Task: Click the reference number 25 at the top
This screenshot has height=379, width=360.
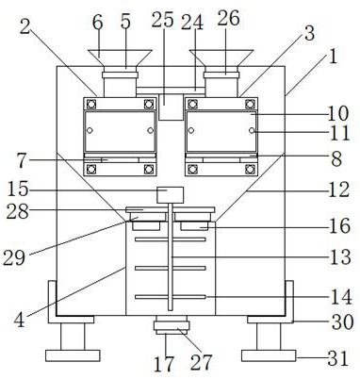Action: [162, 20]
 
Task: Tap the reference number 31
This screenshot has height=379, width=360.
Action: [338, 358]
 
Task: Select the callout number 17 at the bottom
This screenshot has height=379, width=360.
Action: [164, 364]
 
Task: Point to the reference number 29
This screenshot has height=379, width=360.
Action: [14, 258]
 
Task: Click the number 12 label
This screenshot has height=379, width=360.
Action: [338, 189]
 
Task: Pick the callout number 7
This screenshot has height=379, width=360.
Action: [22, 161]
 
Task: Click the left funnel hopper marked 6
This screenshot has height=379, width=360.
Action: [120, 58]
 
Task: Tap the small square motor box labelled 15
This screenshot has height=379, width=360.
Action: [170, 195]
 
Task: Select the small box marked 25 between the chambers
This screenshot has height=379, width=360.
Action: [171, 107]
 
